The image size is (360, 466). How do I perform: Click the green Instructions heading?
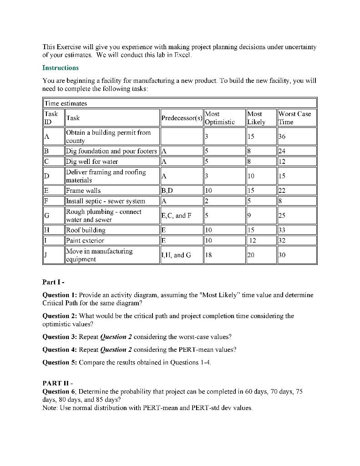coord(60,68)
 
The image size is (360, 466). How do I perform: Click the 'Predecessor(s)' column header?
coord(182,118)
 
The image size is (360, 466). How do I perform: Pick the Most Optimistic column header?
coord(220,118)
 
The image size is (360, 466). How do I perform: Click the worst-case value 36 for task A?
coord(283,137)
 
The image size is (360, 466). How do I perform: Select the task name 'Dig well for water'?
coord(92,162)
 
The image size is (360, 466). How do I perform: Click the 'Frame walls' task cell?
coord(84,191)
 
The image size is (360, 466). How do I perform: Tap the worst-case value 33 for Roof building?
coord(283,230)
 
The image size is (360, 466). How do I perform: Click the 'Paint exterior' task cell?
coord(85,241)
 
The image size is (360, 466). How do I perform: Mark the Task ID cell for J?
coord(46,255)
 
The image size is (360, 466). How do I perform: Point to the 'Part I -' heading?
coord(54,282)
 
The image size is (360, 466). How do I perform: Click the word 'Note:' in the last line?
coord(50,408)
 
